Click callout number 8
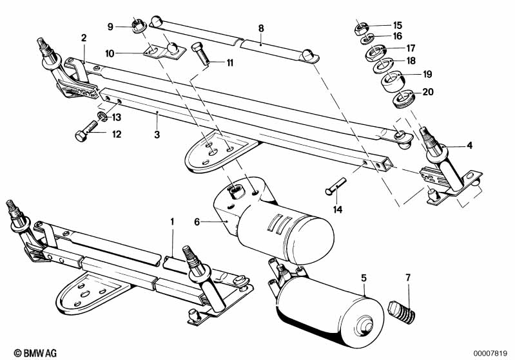point(261,28)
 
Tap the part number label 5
point(364,278)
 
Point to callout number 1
point(172,222)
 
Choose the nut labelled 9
point(137,26)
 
